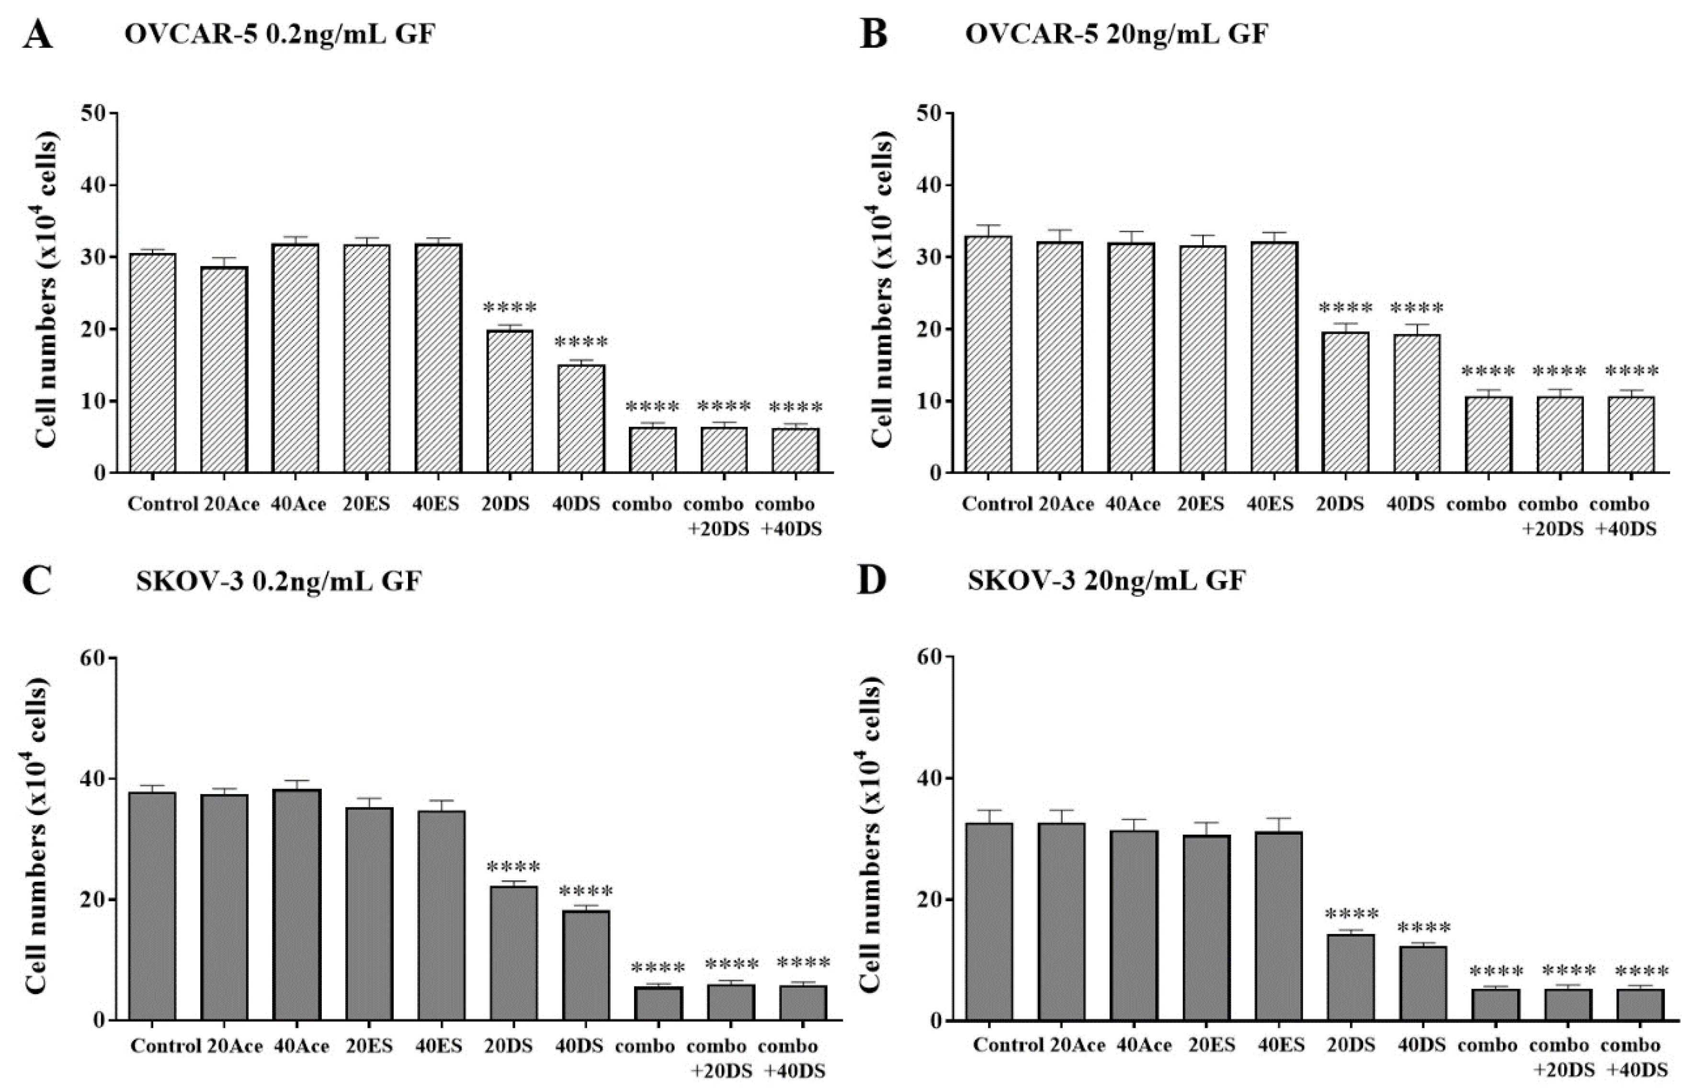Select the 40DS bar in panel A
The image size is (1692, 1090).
point(581,418)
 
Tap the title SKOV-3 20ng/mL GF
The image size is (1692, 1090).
point(1106,581)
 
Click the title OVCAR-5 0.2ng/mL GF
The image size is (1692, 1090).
point(280,34)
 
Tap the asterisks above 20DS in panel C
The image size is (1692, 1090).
point(513,867)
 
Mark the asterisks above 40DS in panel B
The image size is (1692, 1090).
point(1417,308)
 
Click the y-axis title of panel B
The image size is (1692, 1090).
point(883,292)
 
